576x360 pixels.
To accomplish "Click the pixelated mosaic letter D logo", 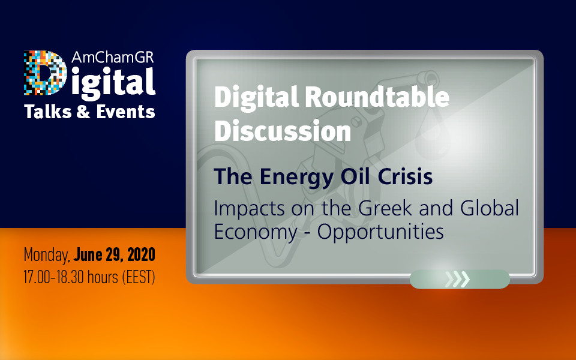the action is coord(45,73).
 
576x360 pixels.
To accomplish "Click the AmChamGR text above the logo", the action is coord(113,57).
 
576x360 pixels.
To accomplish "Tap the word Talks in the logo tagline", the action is coord(48,112).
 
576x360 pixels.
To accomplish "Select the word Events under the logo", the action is coord(125,112).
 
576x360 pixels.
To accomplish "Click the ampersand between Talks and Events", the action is coord(83,112).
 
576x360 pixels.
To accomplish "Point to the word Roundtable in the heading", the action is coord(377,97).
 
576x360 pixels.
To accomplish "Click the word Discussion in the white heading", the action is coord(283,131).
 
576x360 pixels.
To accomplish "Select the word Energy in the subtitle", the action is coord(297,177).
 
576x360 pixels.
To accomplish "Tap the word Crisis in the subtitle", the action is coord(405,176).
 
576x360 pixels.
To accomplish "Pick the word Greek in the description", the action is coord(385,208).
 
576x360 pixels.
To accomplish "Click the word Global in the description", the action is coord(490,208).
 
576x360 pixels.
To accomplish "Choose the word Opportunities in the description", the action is coord(380,233).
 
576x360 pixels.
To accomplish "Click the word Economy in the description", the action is coord(256,233).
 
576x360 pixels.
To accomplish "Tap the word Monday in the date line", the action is coord(47,255).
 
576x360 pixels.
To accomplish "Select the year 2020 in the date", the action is coord(141,254).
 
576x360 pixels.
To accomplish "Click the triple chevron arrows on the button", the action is coord(457,279).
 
